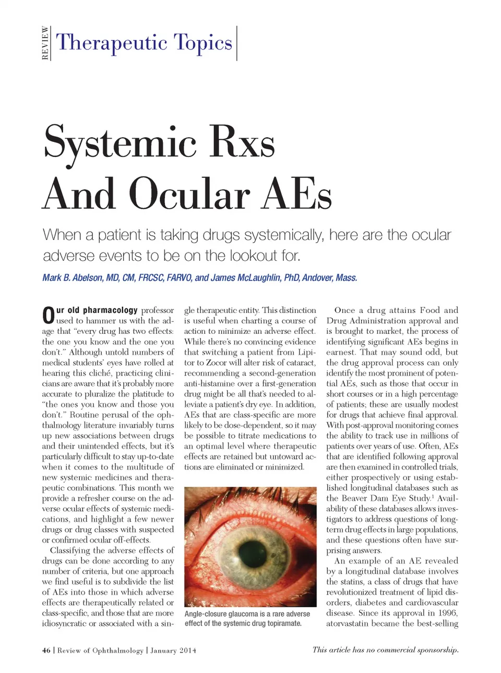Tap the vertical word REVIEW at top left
45,43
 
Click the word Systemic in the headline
121,142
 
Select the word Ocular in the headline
189,194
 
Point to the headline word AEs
296,194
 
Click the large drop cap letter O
48,316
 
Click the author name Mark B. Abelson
73,278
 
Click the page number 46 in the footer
46,651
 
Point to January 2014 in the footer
173,651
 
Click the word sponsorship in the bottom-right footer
437,650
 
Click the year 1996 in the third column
447,613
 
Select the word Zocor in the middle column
216,363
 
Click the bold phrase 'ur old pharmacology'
97,310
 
